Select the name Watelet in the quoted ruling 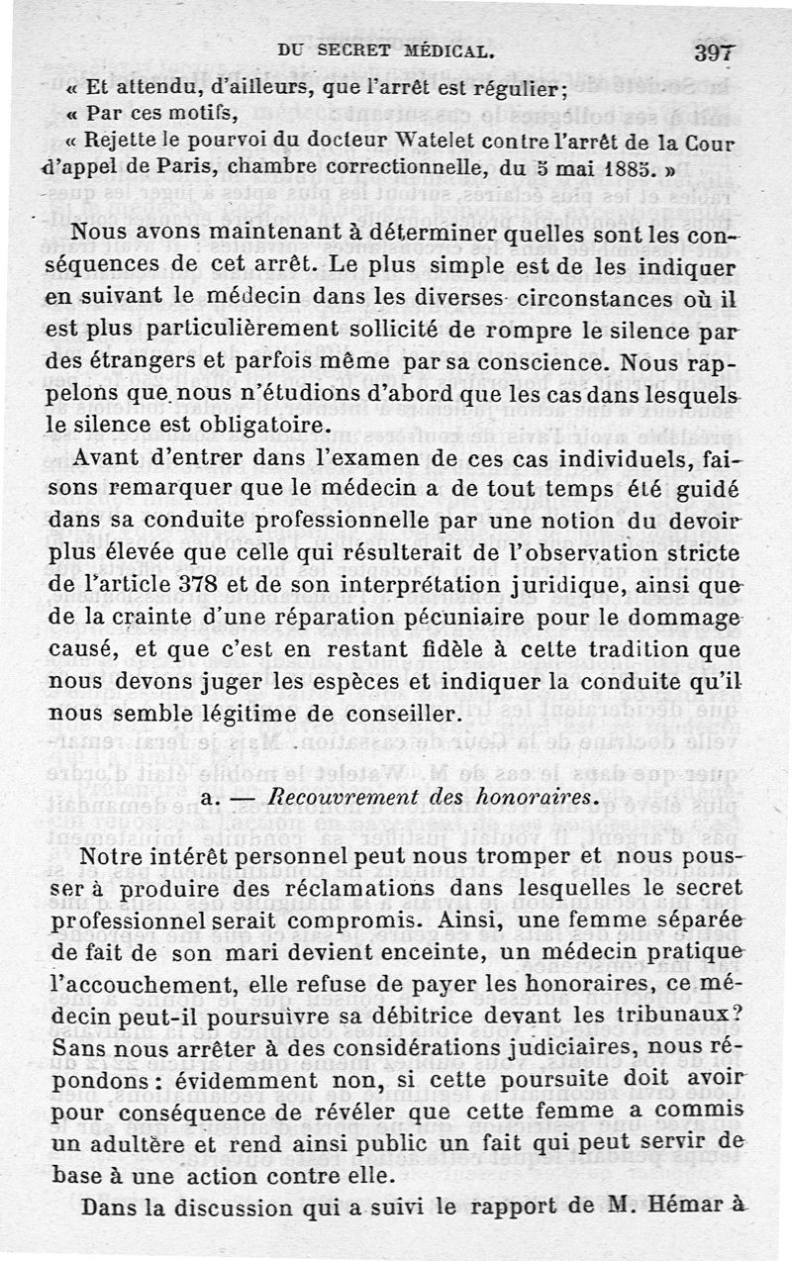[368, 142]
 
